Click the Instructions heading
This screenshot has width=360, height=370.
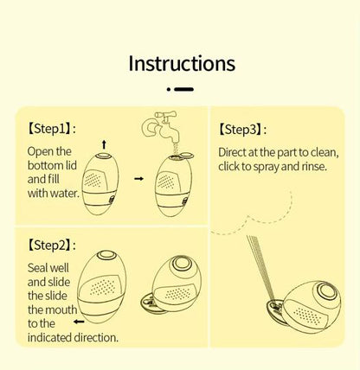(x=181, y=63)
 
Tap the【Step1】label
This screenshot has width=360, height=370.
(x=49, y=128)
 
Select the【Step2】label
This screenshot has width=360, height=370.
(x=49, y=246)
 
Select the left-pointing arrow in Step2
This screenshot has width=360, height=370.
(x=79, y=321)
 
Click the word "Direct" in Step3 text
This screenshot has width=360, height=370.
(x=236, y=151)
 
